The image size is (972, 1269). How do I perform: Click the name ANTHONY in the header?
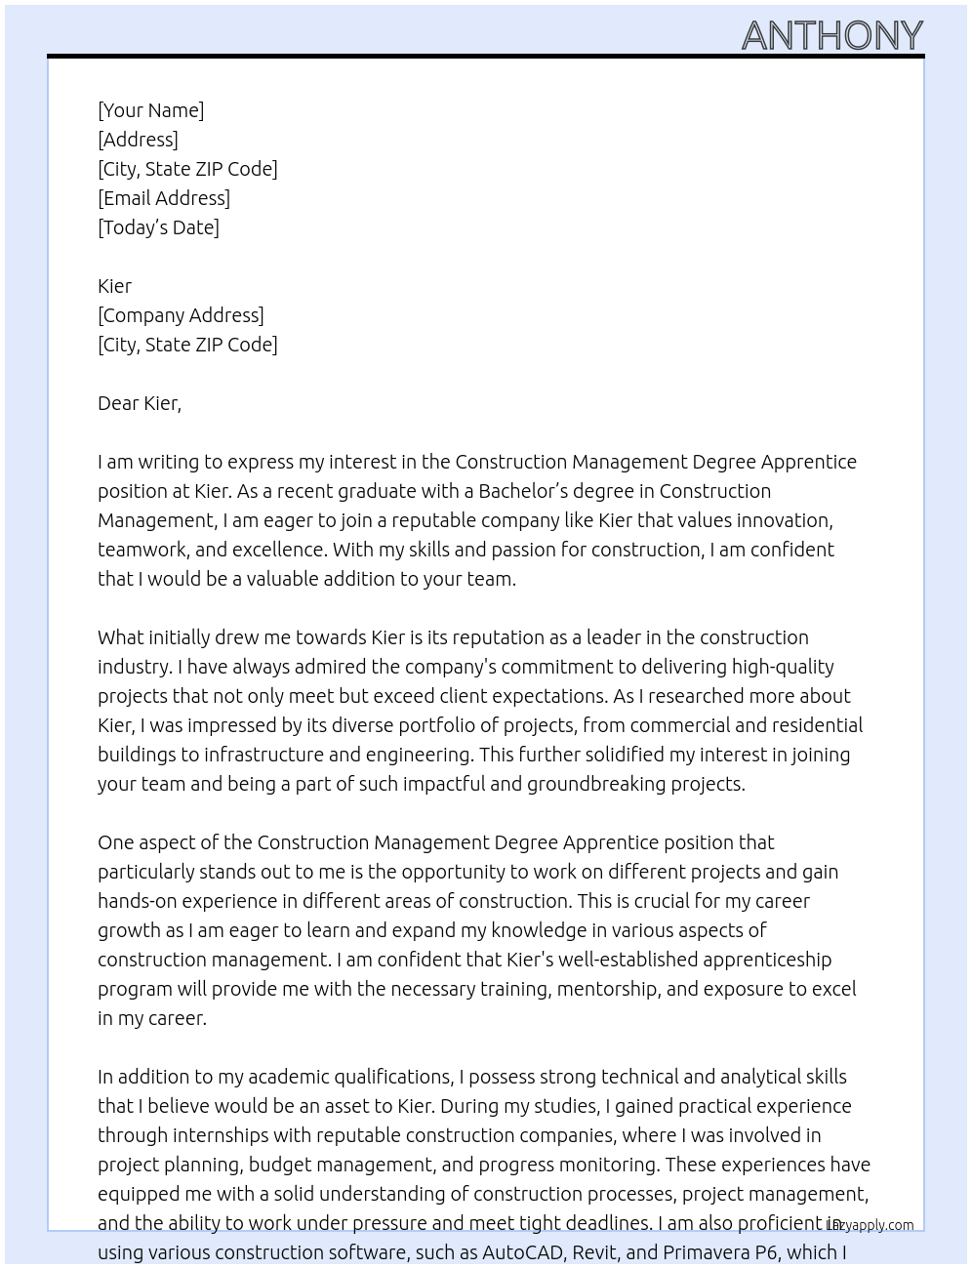[831, 35]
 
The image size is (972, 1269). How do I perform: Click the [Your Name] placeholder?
[150, 110]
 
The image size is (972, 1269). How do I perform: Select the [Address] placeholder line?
[138, 140]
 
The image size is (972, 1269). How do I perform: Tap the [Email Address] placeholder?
[164, 198]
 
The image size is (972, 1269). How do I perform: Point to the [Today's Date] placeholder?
[158, 227]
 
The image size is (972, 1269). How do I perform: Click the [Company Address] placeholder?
[181, 315]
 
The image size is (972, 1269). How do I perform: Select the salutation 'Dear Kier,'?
[140, 403]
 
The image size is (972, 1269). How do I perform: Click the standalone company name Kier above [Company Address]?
[114, 286]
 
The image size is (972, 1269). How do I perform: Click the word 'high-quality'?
[775, 667]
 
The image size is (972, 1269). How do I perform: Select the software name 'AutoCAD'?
[522, 1252]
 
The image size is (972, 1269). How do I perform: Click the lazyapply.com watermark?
[871, 1225]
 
